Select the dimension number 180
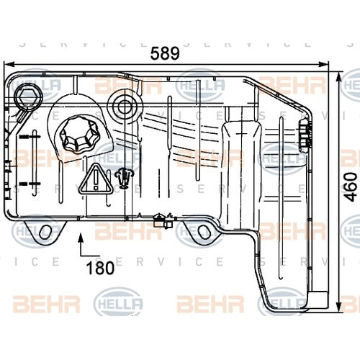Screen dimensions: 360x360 [101, 269]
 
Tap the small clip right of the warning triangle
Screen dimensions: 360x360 [126, 176]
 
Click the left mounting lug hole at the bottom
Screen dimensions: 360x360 [46, 231]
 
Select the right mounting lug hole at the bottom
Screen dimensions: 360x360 [204, 232]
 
